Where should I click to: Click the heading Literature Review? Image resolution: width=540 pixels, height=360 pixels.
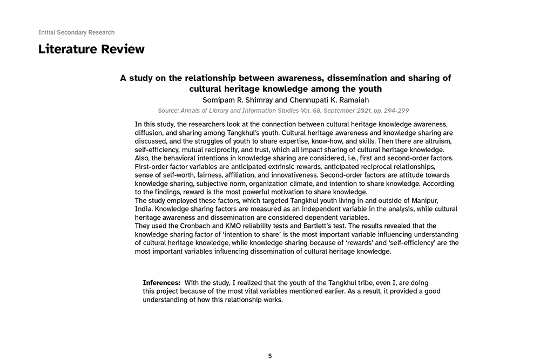point(91,50)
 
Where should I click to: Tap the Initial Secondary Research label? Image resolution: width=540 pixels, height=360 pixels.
point(76,32)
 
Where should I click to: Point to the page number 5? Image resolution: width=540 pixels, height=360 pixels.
point(270,356)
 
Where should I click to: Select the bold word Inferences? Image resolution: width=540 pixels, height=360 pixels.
point(161,283)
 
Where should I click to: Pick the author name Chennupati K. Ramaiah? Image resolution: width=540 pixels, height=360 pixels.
point(322,100)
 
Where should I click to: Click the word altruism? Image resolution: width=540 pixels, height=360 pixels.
point(437,141)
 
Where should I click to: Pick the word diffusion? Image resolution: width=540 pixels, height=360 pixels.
point(150,132)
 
